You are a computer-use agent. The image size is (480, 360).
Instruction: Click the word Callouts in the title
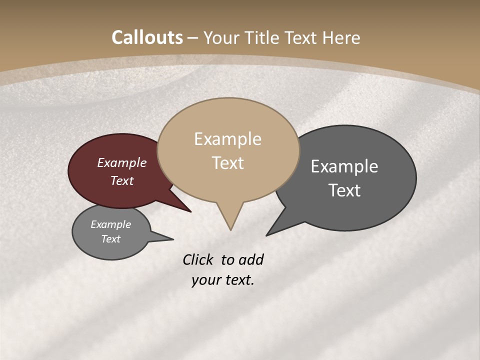coord(147,37)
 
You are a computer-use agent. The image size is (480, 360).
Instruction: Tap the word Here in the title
coord(341,37)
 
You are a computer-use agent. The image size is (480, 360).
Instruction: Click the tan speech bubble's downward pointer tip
coord(230,229)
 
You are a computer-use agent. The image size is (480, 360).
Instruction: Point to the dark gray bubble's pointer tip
coord(266,235)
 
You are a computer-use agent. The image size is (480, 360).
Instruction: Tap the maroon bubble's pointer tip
coord(190,212)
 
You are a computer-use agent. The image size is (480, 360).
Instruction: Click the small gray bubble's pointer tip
coord(173,239)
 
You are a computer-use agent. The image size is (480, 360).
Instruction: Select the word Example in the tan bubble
coord(227,139)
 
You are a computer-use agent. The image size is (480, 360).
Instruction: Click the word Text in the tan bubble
coord(228,163)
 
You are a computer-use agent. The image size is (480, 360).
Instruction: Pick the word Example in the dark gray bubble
coord(344,166)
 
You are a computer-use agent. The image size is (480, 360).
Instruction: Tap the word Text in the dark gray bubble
coord(344,190)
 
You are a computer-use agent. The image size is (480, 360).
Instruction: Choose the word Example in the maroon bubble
coord(121,162)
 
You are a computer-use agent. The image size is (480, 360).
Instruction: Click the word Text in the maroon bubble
coord(122,180)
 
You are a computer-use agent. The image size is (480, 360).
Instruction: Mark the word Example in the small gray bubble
coord(110,224)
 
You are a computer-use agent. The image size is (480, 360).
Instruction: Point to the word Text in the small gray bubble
coord(111,239)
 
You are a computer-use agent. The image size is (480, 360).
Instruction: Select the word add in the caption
coord(251,259)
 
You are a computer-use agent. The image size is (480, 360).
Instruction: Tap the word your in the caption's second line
coord(205,280)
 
